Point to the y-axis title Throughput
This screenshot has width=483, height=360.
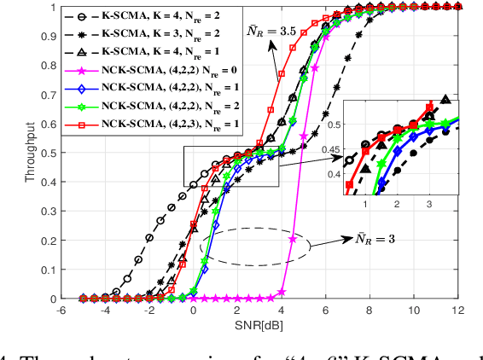point(32,153)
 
